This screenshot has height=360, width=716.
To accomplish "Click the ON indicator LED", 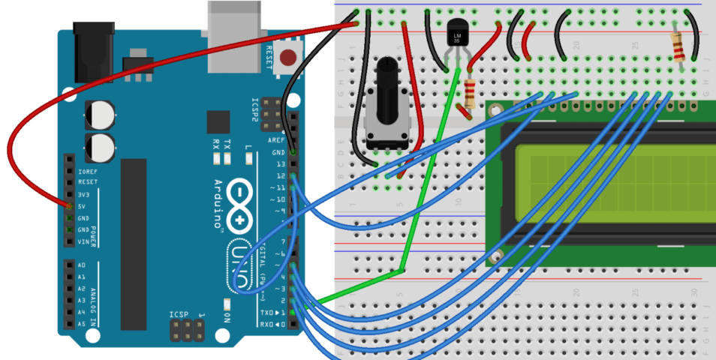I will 226,304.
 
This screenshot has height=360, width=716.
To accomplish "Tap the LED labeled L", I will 248,158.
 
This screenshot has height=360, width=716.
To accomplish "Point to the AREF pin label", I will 277,140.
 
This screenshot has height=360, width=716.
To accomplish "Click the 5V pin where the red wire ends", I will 69,205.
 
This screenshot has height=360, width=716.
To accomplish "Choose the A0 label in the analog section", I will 81,265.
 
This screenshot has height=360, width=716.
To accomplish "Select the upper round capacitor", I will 100,115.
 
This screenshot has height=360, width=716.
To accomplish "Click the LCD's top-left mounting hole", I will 495,110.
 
